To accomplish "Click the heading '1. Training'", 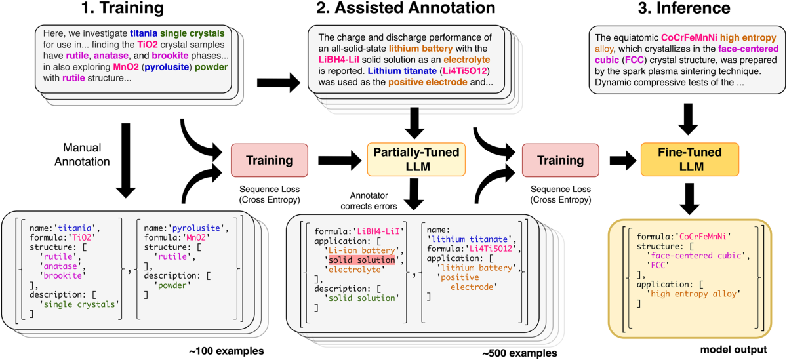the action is [x=122, y=8].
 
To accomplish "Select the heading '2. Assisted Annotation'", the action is [x=406, y=8].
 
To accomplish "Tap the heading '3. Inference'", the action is [x=684, y=8].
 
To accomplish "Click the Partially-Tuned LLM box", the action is [x=416, y=159].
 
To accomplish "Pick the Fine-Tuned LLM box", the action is [x=690, y=159].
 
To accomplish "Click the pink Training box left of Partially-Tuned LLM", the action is [x=270, y=160].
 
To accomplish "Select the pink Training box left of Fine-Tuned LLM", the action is [x=560, y=160].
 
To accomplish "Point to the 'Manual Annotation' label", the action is [x=82, y=155].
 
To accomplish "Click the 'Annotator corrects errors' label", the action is [x=369, y=201].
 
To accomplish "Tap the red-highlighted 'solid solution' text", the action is [x=362, y=260].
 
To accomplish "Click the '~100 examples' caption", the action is [x=226, y=351].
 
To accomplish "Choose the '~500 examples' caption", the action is [x=519, y=353].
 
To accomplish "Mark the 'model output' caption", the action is [x=734, y=350].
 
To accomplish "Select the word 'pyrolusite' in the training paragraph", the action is [x=167, y=67].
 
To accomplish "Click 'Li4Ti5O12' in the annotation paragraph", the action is [x=465, y=71].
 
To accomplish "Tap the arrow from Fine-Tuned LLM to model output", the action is [x=690, y=199].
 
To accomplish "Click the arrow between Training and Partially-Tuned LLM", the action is [x=340, y=161].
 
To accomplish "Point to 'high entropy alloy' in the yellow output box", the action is [x=694, y=294].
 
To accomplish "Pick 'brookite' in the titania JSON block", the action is [x=62, y=275].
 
